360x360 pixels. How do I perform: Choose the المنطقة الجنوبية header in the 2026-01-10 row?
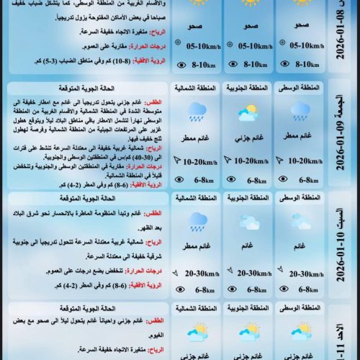point(248,197)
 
